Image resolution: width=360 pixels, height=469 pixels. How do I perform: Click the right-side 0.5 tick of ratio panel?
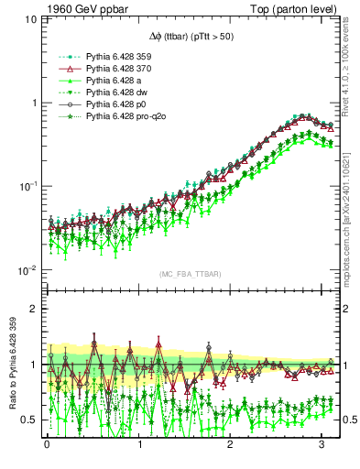(345, 420)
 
